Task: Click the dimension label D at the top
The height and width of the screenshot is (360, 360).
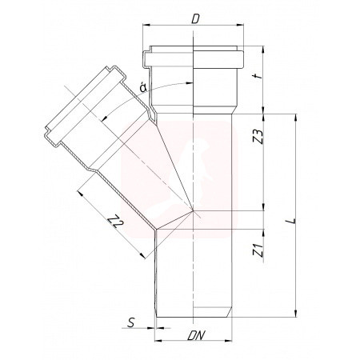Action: tap(196, 18)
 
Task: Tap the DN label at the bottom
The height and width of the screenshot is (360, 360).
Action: tap(196, 335)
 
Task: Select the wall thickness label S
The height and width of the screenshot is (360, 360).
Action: tap(131, 322)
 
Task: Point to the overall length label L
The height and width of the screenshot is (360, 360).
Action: tap(293, 221)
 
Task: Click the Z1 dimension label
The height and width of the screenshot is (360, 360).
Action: tap(258, 250)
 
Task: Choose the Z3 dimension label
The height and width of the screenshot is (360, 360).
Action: tap(258, 137)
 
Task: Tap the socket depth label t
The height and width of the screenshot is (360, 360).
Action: tap(258, 76)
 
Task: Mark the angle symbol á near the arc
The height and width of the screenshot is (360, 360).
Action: tap(143, 88)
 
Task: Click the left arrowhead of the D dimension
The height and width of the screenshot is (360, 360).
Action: tap(146, 25)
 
